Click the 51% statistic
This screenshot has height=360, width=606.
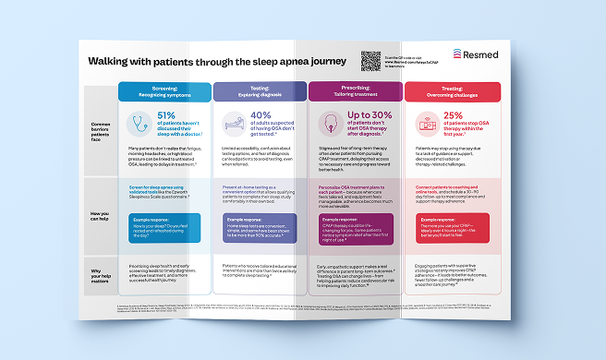point(174,115)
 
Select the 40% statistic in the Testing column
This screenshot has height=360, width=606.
point(263,115)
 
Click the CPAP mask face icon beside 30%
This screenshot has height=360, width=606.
point(329,123)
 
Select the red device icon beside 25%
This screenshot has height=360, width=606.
point(426,123)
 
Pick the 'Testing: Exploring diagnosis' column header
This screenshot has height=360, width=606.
point(258,90)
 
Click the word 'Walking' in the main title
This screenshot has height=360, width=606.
point(109,62)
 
